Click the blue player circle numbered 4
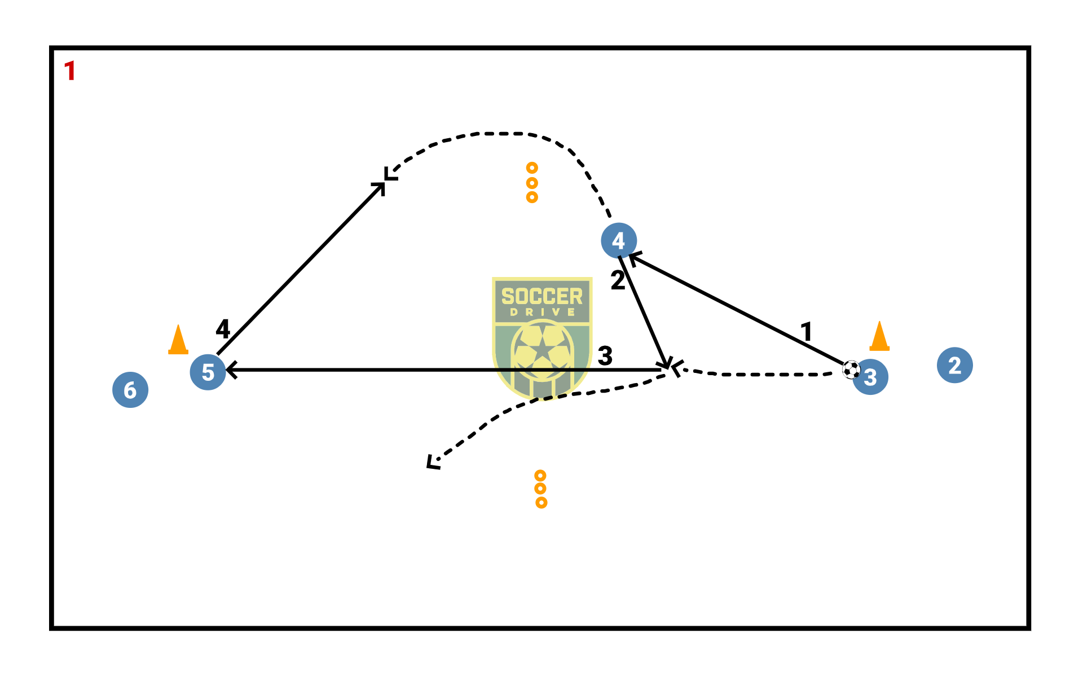coord(619,240)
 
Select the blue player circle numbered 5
coord(208,372)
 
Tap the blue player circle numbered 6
coord(130,390)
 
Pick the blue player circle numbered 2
coord(954,365)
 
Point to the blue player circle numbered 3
coord(871,377)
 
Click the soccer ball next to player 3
coord(851,370)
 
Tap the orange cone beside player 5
coord(178,340)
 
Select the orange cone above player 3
coord(879,337)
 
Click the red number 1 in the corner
coord(70,72)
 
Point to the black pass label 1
coord(807,331)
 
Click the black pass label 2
coord(618,280)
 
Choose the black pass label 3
coord(605,356)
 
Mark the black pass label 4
coord(223,328)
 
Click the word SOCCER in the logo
coord(541,296)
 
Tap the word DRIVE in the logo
coord(542,312)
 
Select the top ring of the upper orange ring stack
coord(532,168)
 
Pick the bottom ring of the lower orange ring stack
coord(541,502)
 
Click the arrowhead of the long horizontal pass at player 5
coord(229,370)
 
